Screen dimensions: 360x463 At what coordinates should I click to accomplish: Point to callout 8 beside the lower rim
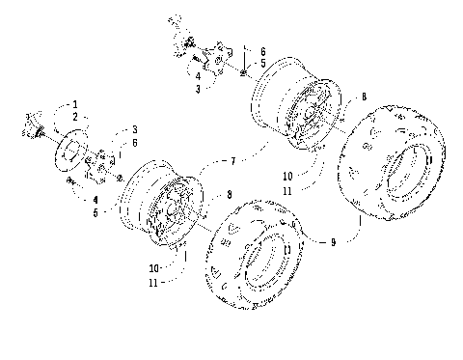[x=228, y=195]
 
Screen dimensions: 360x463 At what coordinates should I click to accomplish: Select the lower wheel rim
[x=161, y=204]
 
